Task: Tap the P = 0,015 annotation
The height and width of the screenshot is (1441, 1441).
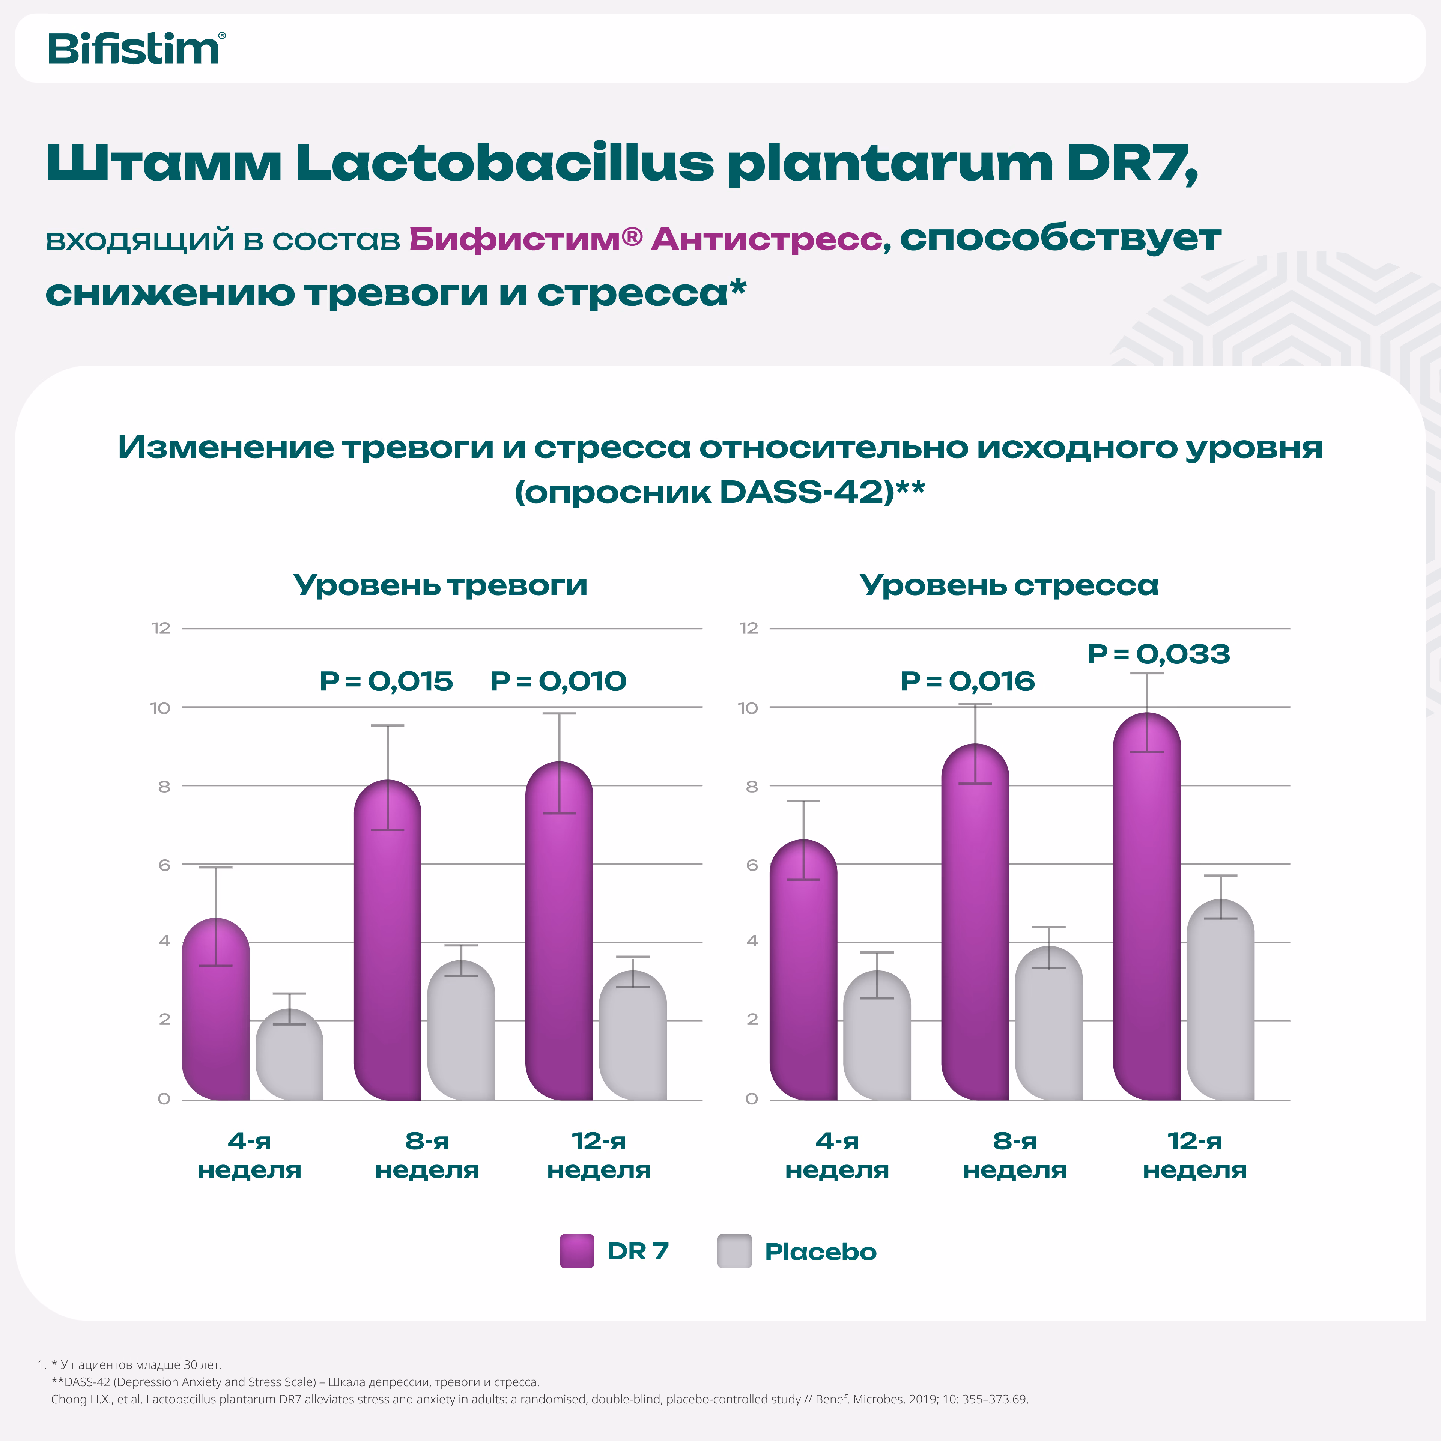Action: (x=386, y=681)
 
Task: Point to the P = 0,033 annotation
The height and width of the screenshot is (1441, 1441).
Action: (x=1158, y=654)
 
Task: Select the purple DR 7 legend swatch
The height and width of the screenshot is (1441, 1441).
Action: (x=576, y=1251)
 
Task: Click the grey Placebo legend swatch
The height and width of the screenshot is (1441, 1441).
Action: (x=734, y=1251)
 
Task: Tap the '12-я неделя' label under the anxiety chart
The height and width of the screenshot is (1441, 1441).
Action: (x=599, y=1155)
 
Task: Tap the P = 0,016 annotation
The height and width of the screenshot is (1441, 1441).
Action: (x=967, y=681)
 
